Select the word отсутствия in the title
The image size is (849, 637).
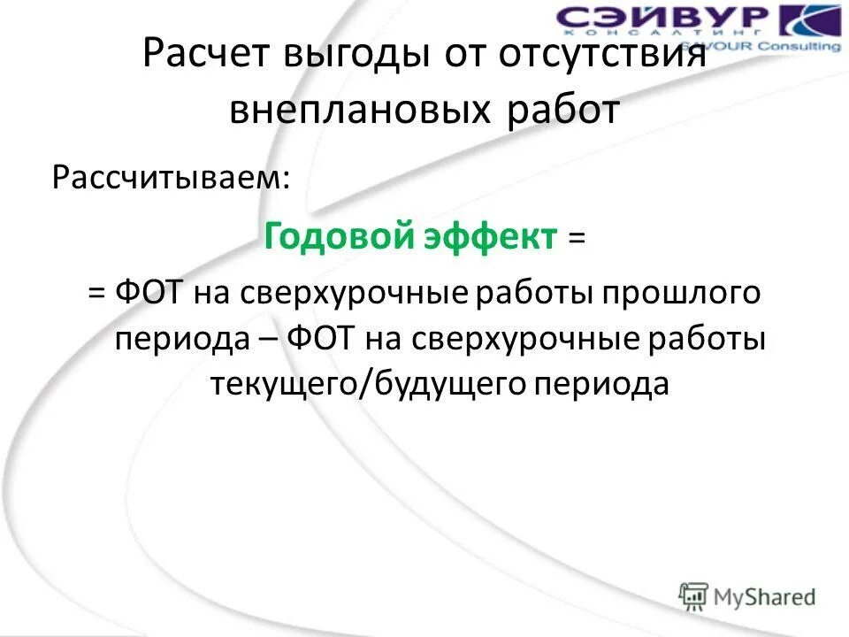pyautogui.click(x=601, y=60)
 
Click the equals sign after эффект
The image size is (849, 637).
pyautogui.click(x=577, y=236)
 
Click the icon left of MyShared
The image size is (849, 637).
pyautogui.click(x=693, y=596)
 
